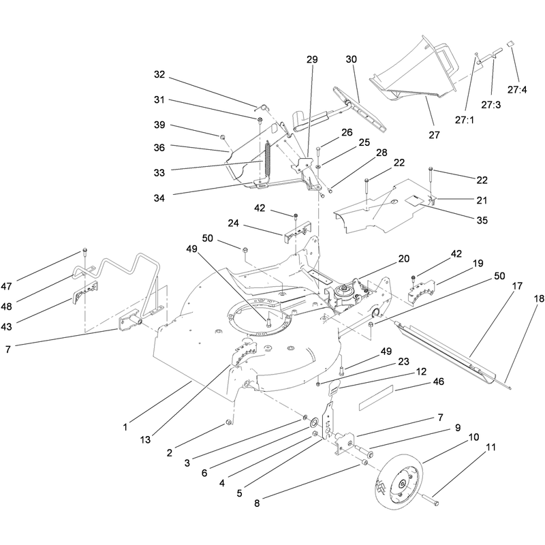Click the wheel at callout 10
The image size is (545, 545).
click(x=401, y=484)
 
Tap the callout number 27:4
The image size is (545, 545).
click(x=517, y=90)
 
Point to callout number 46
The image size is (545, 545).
click(x=439, y=381)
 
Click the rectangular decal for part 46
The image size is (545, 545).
click(x=376, y=396)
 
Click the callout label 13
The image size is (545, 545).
click(x=145, y=439)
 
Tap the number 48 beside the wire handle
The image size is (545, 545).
click(x=6, y=307)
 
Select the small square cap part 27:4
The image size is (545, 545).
click(x=511, y=44)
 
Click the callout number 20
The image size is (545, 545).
click(x=404, y=259)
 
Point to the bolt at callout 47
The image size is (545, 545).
click(x=84, y=253)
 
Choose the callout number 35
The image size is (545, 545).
click(x=482, y=220)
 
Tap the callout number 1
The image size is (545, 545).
click(x=125, y=427)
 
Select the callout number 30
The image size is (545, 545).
click(x=352, y=59)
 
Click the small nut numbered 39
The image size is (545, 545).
click(x=222, y=137)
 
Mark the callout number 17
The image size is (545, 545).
click(x=517, y=286)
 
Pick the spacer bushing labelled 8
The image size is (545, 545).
click(x=365, y=463)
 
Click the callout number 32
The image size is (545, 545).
click(x=159, y=74)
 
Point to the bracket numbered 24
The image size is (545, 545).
click(x=298, y=231)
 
